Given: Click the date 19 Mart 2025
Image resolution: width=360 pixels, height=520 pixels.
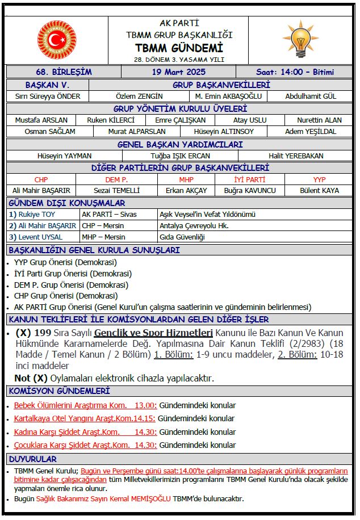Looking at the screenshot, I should (x=179, y=72).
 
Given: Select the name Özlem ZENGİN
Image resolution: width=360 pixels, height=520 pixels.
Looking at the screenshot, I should (x=139, y=96).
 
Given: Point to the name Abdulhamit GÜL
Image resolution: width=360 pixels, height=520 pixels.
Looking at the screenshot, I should (x=311, y=96).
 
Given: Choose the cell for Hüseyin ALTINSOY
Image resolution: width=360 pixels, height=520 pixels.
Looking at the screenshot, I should (x=224, y=131).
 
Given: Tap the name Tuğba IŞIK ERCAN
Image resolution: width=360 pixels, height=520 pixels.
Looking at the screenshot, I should (x=180, y=156).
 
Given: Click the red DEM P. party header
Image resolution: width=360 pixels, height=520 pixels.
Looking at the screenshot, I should (x=116, y=179).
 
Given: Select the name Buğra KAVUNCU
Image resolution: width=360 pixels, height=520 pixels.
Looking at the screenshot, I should (x=250, y=190).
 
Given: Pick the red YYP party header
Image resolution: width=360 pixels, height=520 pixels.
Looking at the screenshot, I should (x=320, y=179).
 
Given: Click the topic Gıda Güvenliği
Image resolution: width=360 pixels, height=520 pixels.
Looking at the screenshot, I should (x=182, y=237).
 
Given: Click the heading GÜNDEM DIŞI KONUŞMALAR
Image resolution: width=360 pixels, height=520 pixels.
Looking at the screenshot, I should (x=67, y=203).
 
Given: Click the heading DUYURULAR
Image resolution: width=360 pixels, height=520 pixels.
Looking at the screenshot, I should (x=32, y=459).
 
